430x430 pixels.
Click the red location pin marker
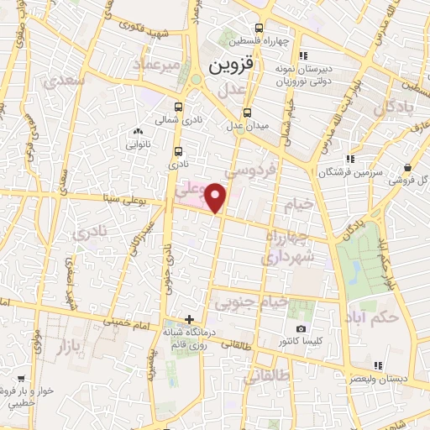click(x=217, y=198)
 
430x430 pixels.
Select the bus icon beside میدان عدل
click(x=247, y=113)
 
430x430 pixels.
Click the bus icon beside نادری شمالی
click(x=178, y=107)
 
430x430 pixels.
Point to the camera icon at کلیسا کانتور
click(x=301, y=328)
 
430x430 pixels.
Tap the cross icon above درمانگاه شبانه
click(x=190, y=319)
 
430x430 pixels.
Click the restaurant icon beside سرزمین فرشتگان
click(x=350, y=158)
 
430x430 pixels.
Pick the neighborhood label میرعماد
click(x=161, y=65)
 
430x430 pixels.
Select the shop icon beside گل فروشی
click(x=406, y=167)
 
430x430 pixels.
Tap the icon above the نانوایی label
click(x=137, y=131)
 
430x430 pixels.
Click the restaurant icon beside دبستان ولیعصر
click(x=378, y=364)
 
